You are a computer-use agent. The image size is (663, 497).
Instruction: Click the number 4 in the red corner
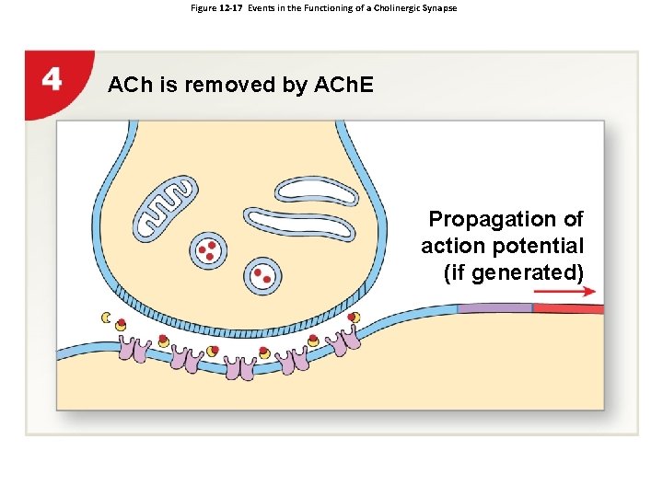coord(52,79)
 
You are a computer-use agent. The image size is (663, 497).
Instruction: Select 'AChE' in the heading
coord(342,86)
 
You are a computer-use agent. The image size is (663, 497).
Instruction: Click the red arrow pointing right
coord(564,291)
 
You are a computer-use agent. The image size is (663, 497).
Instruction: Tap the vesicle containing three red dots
coord(209,249)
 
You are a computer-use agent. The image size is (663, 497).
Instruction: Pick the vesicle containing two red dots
coord(263,274)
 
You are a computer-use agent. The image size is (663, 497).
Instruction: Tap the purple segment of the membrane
coord(494,308)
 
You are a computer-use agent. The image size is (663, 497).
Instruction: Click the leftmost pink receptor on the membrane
coord(142,350)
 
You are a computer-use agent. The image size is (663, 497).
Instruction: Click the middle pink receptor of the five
coord(242,367)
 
